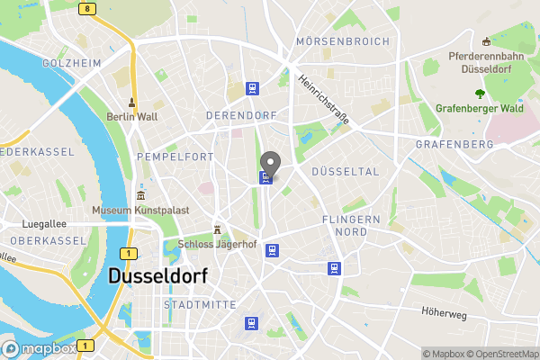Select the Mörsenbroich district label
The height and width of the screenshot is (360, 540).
pos(343,41)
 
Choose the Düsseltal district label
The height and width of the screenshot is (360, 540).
pos(345,171)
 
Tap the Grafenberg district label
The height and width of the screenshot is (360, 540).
pos(454,144)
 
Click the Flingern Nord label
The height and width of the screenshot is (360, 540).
pos(351,225)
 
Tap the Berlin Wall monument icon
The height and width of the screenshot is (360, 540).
pos(131,103)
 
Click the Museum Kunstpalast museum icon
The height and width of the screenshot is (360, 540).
pos(140,196)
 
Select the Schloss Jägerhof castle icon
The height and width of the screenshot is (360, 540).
pos(217,229)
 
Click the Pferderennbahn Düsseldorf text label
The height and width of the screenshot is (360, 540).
pos(486,62)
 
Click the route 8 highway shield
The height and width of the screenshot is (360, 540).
pos(85,9)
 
